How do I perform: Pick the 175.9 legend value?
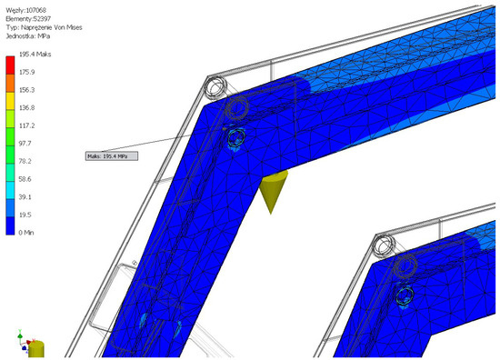26,72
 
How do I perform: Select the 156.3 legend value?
26,90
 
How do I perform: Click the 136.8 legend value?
26,107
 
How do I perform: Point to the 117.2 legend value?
26,125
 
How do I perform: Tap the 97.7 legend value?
25,143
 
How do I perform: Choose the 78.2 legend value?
25,161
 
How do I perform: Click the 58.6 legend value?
25,178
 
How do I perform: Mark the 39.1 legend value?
25,196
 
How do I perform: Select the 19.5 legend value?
25,214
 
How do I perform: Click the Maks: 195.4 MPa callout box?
110,156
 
